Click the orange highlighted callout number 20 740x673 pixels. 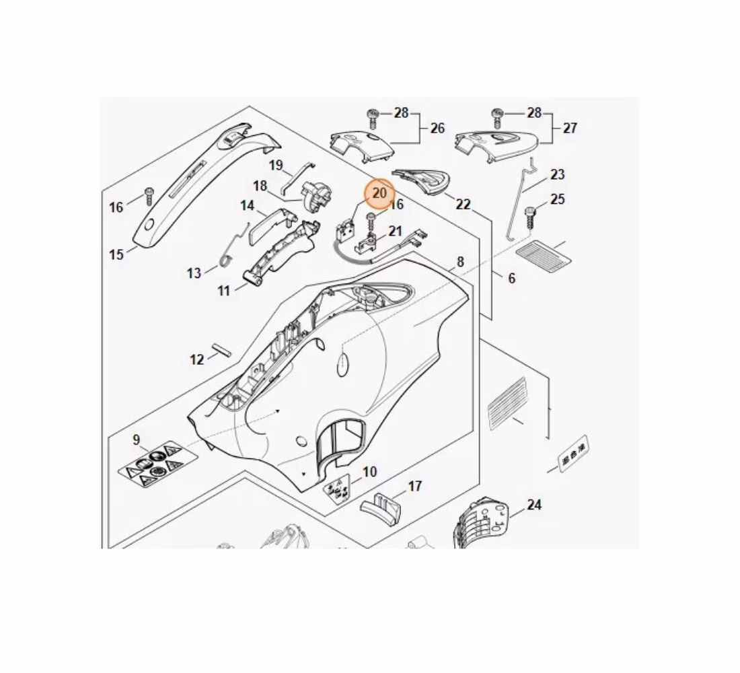pyautogui.click(x=379, y=193)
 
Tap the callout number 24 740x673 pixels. pyautogui.click(x=534, y=505)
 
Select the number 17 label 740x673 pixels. pyautogui.click(x=415, y=486)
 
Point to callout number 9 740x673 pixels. pyautogui.click(x=137, y=440)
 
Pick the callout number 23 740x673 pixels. pyautogui.click(x=558, y=175)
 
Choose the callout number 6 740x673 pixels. pyautogui.click(x=511, y=278)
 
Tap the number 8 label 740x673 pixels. pyautogui.click(x=460, y=262)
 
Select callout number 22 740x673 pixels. pyautogui.click(x=463, y=205)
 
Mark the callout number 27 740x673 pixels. pyautogui.click(x=570, y=128)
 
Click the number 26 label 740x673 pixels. pyautogui.click(x=437, y=128)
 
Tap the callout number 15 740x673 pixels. pyautogui.click(x=116, y=254)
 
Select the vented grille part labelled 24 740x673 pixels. pyautogui.click(x=482, y=525)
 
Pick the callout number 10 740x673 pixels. pyautogui.click(x=370, y=472)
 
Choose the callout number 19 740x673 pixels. pyautogui.click(x=276, y=166)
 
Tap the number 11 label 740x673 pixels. pyautogui.click(x=224, y=291)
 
